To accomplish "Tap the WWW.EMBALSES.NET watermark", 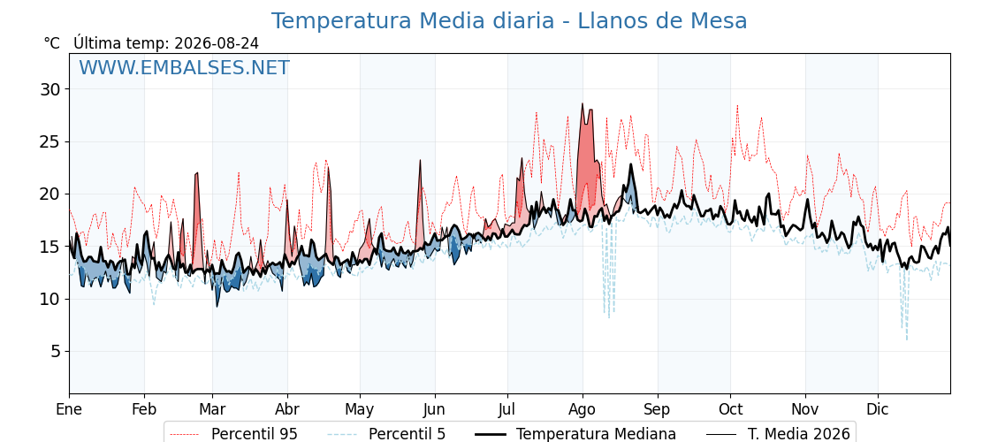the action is click(x=185, y=67).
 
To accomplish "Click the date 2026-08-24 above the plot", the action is click(x=217, y=43).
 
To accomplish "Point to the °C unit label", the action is click(x=52, y=43).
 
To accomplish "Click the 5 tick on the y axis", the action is click(x=56, y=351).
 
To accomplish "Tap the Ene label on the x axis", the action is click(x=69, y=409).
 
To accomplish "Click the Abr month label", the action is click(x=287, y=409).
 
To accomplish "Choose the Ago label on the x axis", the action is click(x=583, y=410).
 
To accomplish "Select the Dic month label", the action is click(x=878, y=409).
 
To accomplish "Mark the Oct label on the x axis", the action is click(x=730, y=409).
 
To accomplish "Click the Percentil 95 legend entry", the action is click(x=234, y=434).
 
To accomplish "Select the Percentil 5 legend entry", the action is click(x=387, y=434).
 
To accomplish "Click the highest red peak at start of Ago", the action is click(x=583, y=104).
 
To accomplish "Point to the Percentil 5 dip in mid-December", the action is click(x=907, y=339).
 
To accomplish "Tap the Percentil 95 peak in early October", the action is click(x=737, y=106).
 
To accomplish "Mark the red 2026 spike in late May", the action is click(x=419, y=161).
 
